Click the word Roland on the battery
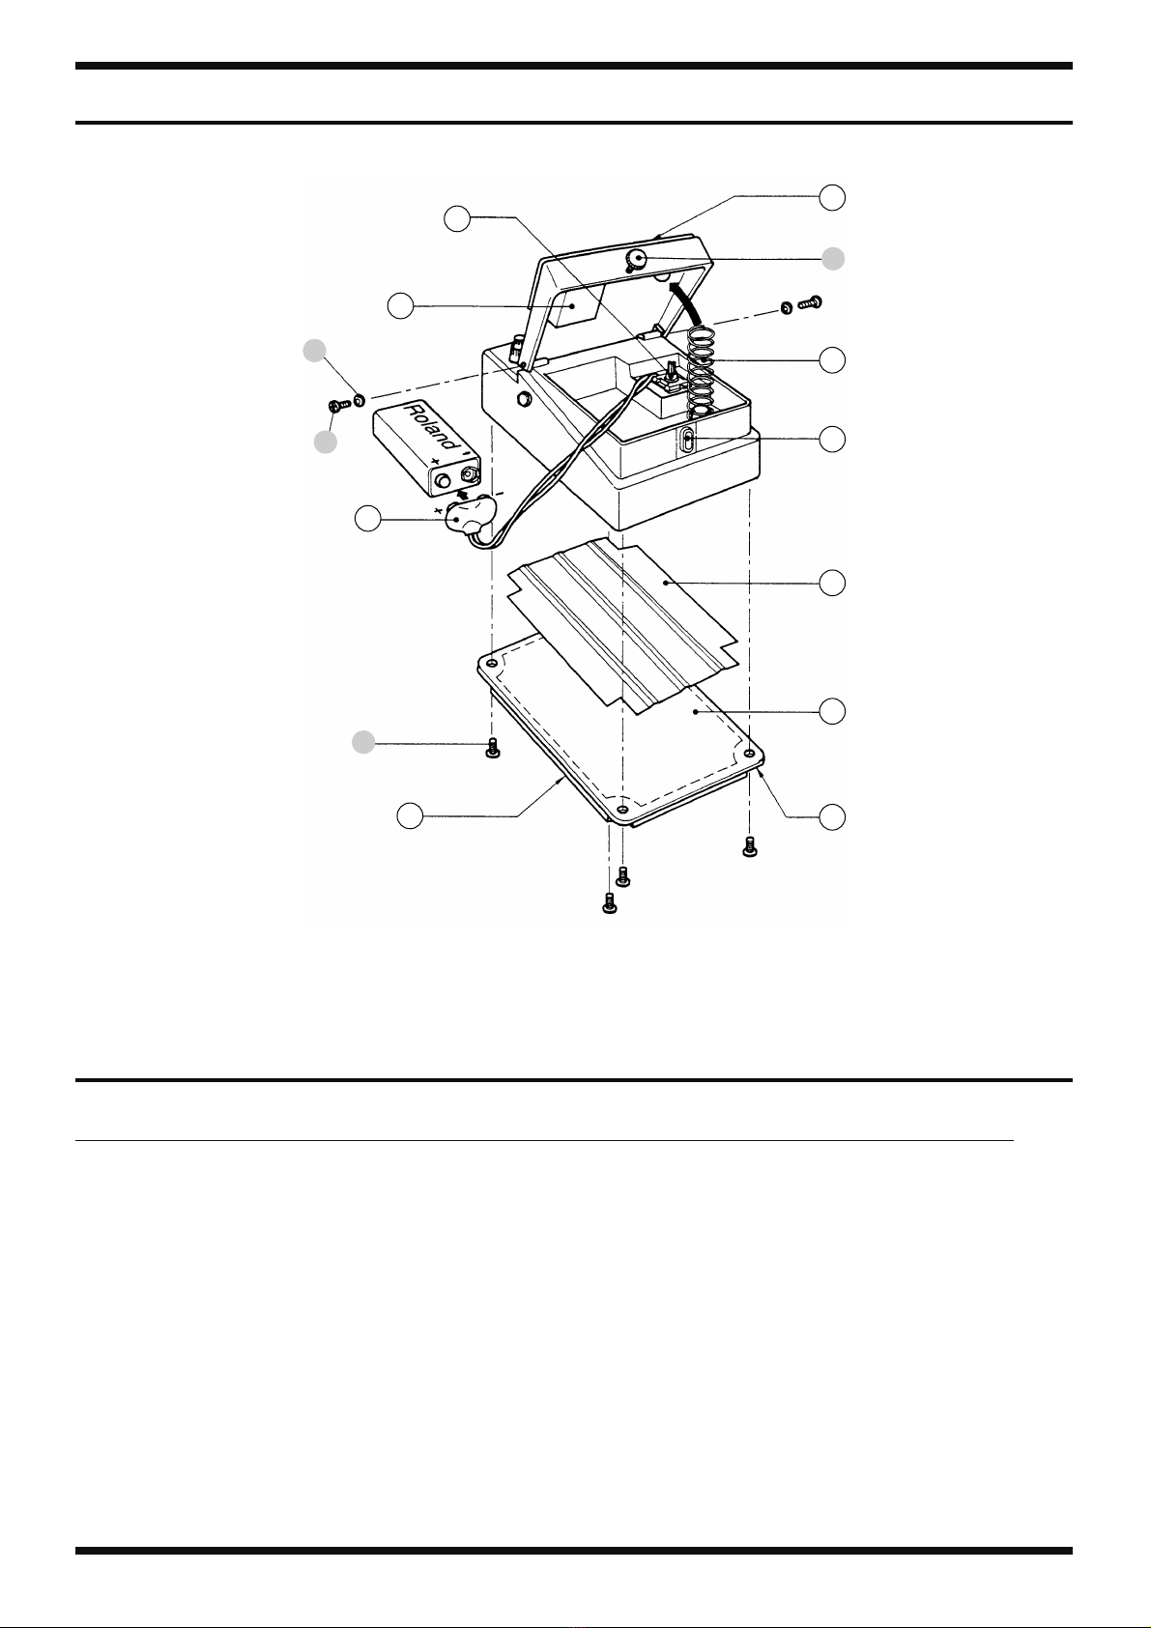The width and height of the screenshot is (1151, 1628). point(426,424)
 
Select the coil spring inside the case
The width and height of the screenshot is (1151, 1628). point(709,367)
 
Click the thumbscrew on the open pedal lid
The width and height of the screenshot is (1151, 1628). point(637,259)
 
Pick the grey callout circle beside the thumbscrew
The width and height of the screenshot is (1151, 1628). point(832,258)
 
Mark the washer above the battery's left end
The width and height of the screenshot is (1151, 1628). point(359,398)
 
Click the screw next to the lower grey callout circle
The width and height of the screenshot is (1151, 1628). point(492,749)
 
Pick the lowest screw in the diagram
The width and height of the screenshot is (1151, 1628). point(609,903)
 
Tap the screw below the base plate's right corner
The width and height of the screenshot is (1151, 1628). point(748,846)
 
